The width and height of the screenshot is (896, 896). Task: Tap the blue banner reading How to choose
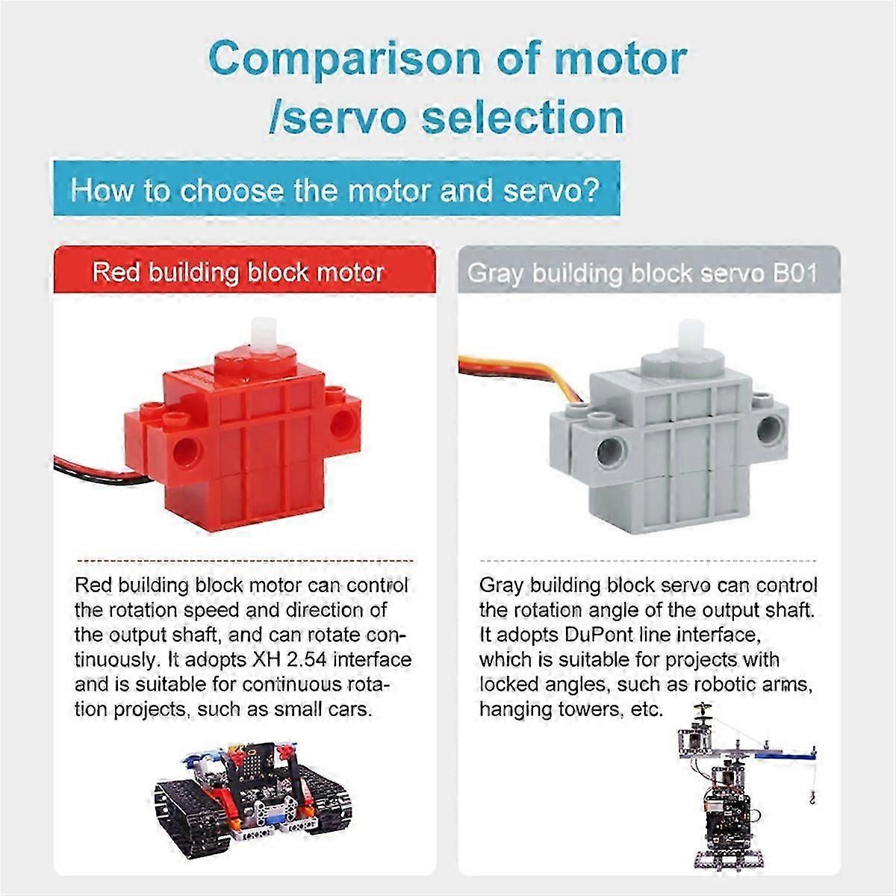tap(335, 191)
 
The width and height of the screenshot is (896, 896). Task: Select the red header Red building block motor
tap(238, 273)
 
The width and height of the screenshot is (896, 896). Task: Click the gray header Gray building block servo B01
tap(642, 273)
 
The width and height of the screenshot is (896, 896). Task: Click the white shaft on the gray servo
tap(688, 340)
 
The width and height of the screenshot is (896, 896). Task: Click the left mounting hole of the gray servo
tap(612, 448)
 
